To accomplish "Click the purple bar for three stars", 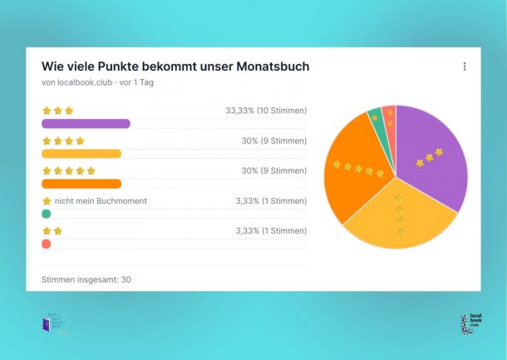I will coord(86,124).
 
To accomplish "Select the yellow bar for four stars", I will coord(81,154).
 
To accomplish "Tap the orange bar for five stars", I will coord(81,184).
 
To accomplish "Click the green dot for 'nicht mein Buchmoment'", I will coord(46,214).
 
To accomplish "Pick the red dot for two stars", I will coord(46,244).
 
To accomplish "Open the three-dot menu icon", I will coord(465,67).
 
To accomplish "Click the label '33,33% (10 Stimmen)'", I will coord(266,111).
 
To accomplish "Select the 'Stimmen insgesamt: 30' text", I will coord(86,279).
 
